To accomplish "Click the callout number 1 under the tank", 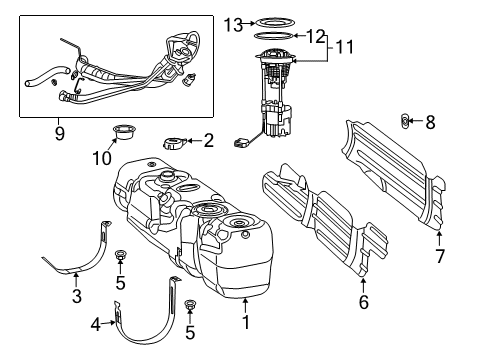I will [x=245, y=323].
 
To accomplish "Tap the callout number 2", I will [x=208, y=141].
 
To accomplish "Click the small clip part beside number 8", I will [x=406, y=122].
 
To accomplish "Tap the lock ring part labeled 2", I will [x=176, y=141].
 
